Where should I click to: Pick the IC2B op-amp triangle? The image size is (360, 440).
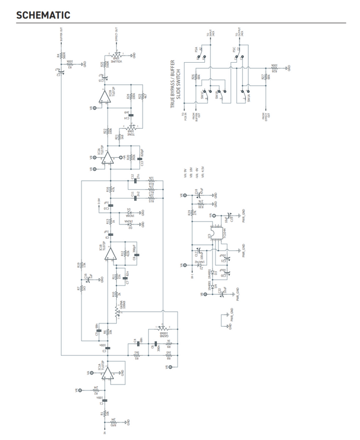[105, 97]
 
